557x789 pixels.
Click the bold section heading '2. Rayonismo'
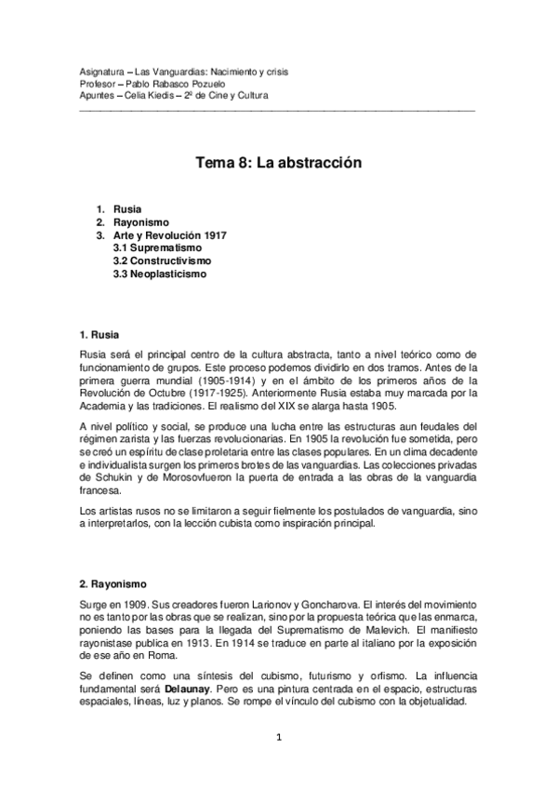coord(113,584)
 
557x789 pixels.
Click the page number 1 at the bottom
coord(278,738)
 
